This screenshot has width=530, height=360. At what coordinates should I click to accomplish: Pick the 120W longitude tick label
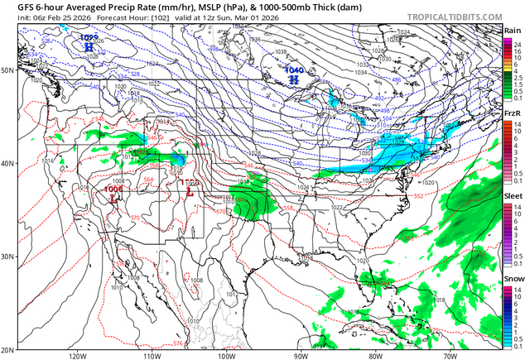(x=79, y=356)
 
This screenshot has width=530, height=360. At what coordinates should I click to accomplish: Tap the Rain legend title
(x=513, y=31)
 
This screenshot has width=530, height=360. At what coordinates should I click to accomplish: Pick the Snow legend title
(x=513, y=278)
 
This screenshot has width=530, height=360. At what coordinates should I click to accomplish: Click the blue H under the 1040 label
(x=294, y=79)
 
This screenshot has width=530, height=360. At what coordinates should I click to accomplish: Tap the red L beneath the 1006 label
(x=113, y=199)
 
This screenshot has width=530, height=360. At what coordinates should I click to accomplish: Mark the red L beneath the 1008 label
(x=190, y=193)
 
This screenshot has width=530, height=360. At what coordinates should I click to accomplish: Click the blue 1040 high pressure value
(x=294, y=70)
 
